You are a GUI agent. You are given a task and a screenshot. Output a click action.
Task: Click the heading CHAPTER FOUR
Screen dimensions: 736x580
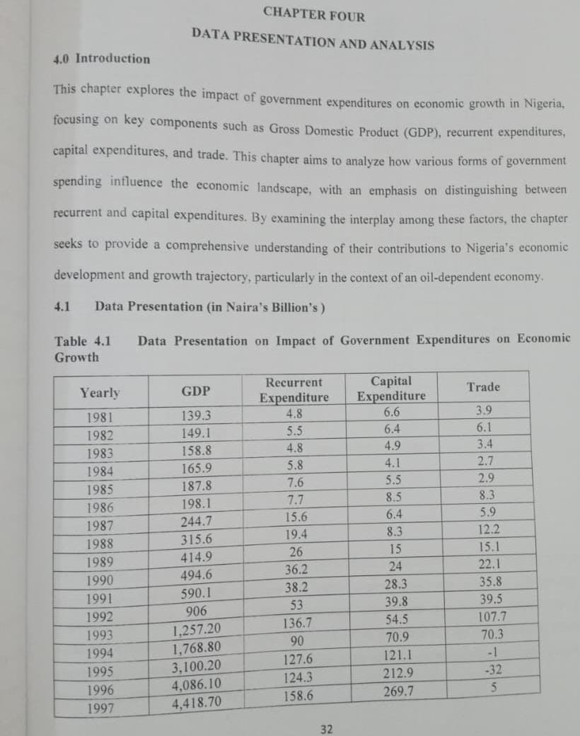click(314, 14)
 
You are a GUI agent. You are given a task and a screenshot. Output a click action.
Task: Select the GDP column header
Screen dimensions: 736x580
click(195, 391)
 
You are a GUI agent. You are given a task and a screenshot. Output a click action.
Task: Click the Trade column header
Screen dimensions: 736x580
click(483, 387)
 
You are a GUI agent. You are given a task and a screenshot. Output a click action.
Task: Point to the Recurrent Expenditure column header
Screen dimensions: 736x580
click(294, 390)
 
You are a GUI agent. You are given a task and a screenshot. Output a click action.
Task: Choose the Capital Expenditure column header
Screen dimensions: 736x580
click(391, 389)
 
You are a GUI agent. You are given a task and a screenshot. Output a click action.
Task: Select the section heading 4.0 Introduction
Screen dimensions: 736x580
click(102, 59)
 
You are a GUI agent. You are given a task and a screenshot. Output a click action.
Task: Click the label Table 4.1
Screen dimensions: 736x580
click(83, 341)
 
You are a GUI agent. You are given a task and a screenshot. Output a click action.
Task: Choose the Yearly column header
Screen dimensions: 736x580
click(100, 393)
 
